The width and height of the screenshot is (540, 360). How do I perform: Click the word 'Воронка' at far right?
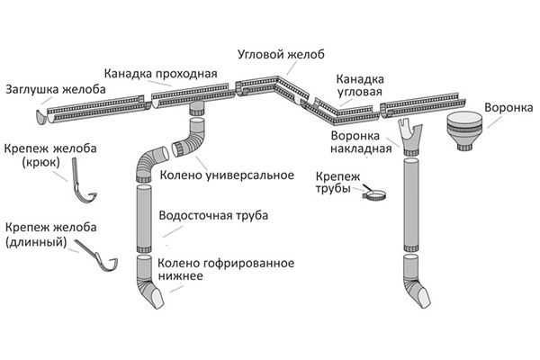click(508, 104)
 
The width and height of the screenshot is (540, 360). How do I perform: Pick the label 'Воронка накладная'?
click(357, 141)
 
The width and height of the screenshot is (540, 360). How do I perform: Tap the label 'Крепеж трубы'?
click(335, 183)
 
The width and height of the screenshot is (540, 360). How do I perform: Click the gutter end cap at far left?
click(41, 114)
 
